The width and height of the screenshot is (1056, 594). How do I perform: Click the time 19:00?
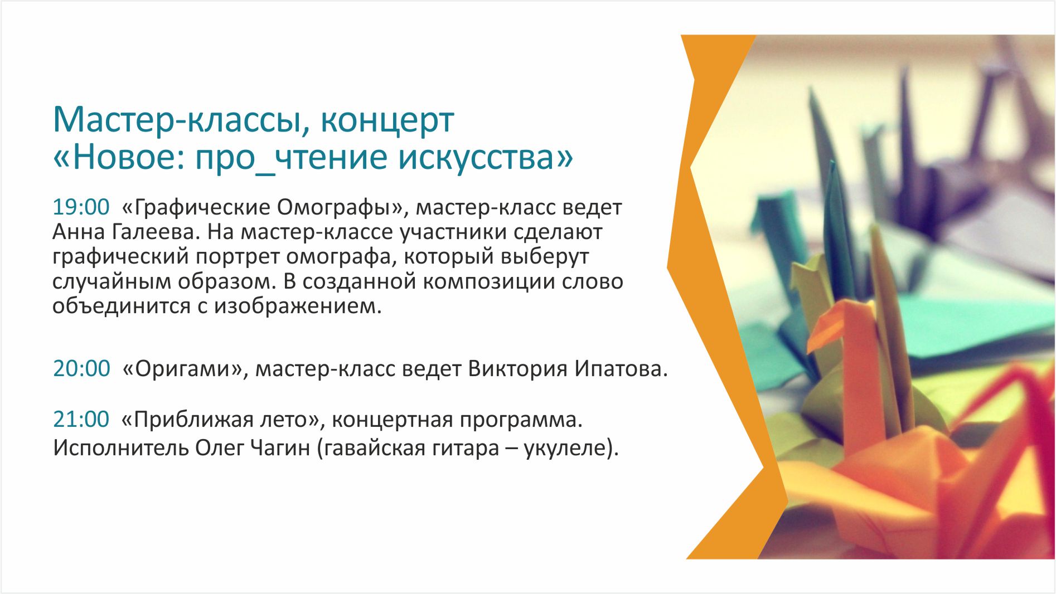(x=81, y=207)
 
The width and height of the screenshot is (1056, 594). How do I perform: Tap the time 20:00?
(x=81, y=368)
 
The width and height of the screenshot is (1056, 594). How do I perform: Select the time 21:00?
(x=81, y=419)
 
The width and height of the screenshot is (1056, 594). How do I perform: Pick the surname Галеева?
(x=157, y=232)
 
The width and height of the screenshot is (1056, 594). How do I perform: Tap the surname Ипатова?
(x=621, y=369)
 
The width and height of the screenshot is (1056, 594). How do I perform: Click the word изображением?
(x=298, y=306)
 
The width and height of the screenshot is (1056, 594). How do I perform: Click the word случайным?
(x=112, y=282)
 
